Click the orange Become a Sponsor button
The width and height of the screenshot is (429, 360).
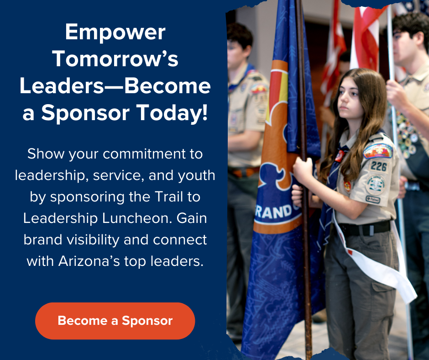click(x=115, y=321)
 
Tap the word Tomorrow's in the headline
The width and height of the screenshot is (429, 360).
click(x=115, y=59)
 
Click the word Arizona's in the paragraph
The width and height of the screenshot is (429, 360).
click(x=89, y=261)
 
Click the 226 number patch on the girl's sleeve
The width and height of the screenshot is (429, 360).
click(x=379, y=166)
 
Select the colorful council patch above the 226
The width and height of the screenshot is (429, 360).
click(x=378, y=151)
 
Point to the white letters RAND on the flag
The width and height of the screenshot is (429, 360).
click(x=274, y=212)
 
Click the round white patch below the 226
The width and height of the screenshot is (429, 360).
click(x=375, y=185)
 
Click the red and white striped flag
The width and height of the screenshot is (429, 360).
click(x=365, y=38)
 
